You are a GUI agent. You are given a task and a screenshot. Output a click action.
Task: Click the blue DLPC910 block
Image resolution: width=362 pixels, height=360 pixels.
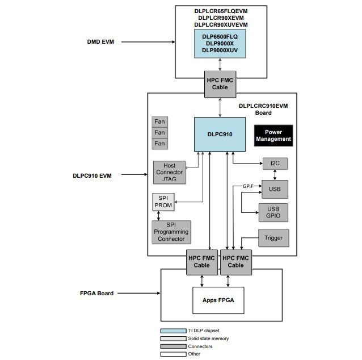[220, 134]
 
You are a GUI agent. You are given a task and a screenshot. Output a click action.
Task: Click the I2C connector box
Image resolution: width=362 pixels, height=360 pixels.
[275, 164]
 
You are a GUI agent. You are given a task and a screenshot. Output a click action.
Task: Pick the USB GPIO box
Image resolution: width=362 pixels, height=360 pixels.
[273, 212]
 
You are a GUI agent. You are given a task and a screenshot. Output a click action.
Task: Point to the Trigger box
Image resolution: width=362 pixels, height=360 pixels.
[273, 238]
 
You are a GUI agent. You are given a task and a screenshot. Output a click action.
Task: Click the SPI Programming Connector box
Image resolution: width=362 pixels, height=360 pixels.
[171, 232]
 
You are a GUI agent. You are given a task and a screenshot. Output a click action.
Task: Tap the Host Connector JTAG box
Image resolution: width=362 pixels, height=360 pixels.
[169, 172]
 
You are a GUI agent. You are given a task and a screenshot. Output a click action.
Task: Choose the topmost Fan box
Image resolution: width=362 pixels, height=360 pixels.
[160, 122]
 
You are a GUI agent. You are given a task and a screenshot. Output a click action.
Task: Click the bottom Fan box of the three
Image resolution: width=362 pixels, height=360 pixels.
[160, 144]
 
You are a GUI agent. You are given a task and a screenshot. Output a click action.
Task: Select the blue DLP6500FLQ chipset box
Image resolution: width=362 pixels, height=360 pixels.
[220, 43]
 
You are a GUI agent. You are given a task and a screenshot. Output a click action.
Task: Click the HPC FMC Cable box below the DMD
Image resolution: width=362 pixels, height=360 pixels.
[220, 84]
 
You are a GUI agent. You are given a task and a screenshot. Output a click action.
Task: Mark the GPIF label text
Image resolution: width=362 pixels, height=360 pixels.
[248, 186]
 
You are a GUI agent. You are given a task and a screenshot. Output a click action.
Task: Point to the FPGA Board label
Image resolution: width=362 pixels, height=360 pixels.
[96, 294]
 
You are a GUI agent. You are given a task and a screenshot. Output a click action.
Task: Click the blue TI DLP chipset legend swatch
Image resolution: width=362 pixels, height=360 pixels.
[172, 330]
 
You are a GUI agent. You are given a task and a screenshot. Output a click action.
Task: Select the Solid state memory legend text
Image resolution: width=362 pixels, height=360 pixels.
[209, 338]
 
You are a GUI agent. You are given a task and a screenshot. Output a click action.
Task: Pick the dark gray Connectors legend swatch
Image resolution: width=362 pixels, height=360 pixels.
[172, 346]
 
